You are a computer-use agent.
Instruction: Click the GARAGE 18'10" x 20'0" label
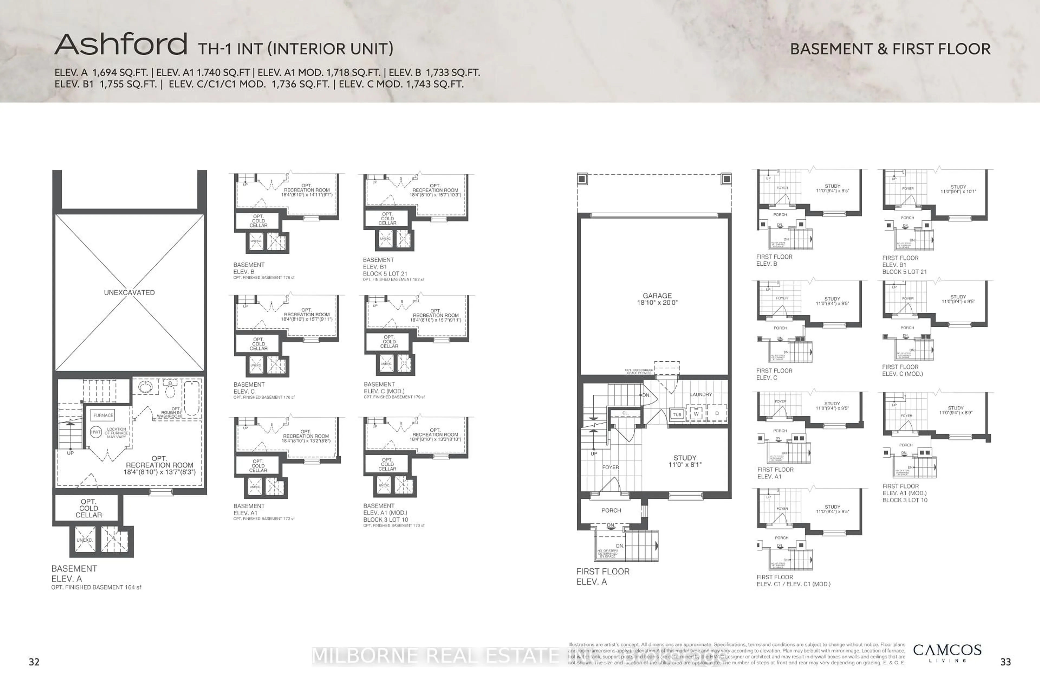(657, 299)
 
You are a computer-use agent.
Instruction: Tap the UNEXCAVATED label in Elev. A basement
(129, 293)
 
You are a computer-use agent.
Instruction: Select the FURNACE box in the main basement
(103, 415)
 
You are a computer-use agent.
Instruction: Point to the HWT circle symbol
(96, 432)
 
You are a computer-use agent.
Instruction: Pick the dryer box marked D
(717, 413)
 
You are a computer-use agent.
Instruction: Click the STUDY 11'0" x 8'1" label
(684, 461)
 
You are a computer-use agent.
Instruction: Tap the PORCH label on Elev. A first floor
(611, 510)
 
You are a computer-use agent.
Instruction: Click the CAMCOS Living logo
(947, 653)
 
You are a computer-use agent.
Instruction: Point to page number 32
(34, 662)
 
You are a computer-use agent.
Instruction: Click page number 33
(1006, 662)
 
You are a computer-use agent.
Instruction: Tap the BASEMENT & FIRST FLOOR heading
(890, 49)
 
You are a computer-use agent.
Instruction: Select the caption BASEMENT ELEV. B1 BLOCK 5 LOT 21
(385, 267)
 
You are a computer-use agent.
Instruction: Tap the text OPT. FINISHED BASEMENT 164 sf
(96, 587)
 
